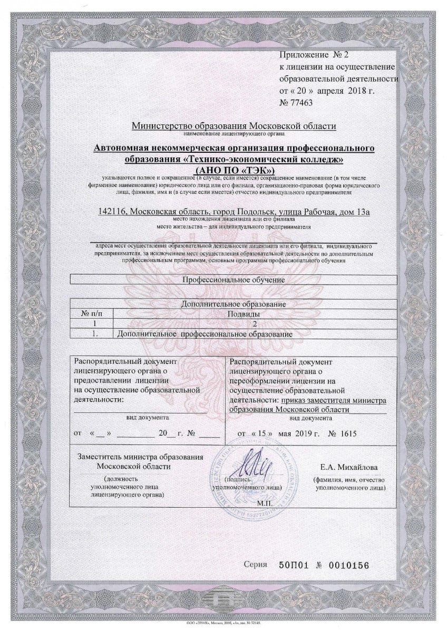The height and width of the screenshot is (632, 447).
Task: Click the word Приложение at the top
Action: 298,55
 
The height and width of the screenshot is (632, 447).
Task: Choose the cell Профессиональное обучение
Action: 233,280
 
